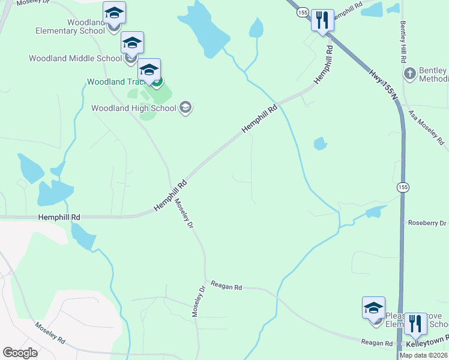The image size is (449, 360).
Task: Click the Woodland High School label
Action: click(x=133, y=109)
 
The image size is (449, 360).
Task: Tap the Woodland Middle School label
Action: click(x=75, y=59)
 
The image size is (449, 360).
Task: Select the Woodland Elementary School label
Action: click(x=70, y=26)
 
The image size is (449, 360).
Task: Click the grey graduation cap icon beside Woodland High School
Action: click(x=185, y=108)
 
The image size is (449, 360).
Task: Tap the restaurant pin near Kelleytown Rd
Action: click(x=415, y=323)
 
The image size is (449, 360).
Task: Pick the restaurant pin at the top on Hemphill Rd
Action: click(x=322, y=20)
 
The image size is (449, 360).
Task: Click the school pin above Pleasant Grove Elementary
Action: click(x=373, y=308)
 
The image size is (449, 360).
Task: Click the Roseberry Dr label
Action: click(x=427, y=223)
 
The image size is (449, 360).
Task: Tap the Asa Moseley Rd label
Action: click(x=426, y=127)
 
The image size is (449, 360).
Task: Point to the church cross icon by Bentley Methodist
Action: click(x=410, y=74)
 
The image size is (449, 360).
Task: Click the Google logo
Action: click(x=20, y=353)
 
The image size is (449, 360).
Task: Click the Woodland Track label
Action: click(x=117, y=82)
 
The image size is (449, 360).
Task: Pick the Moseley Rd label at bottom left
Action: click(x=50, y=332)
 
